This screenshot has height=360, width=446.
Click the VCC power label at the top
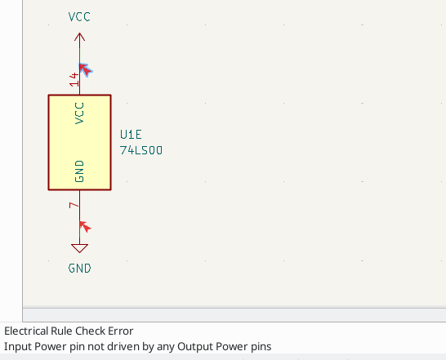79,16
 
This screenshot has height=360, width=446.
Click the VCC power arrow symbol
79,38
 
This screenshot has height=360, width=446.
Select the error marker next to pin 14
85,69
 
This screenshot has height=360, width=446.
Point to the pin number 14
74,79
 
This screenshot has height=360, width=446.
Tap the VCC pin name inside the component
79,112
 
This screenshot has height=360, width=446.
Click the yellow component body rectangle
79,142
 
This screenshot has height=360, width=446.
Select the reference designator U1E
133,135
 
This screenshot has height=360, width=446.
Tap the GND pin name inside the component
79,171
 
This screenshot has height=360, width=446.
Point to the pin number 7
74,205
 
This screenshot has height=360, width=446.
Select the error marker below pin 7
84,226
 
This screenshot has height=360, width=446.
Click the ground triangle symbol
79,248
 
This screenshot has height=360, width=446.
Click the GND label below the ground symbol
79,268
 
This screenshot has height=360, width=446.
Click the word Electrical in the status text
27,331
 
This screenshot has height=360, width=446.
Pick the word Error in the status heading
119,331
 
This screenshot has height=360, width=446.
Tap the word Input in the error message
17,346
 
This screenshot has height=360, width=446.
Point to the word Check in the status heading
89,331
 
